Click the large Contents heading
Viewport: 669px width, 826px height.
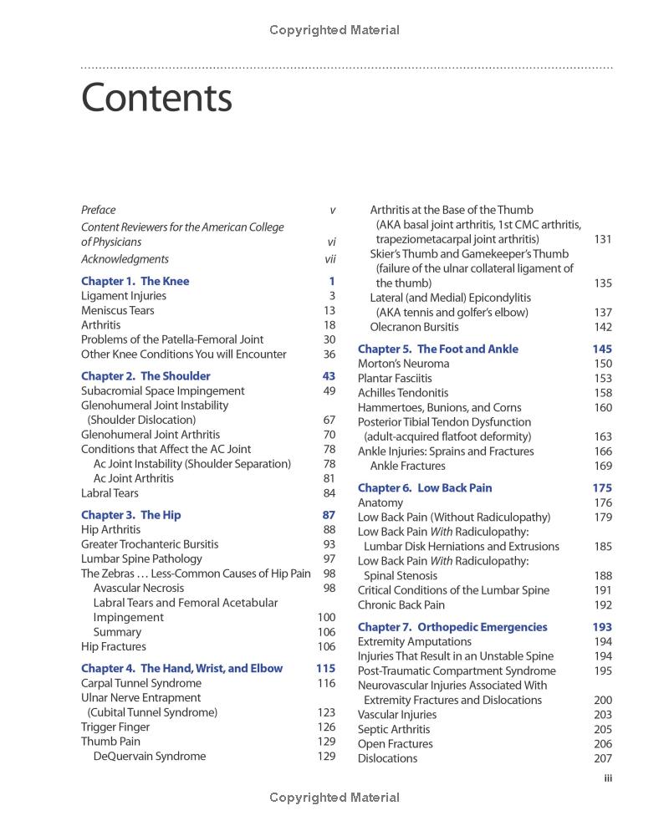point(156,99)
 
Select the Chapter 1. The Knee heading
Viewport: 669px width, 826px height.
point(135,281)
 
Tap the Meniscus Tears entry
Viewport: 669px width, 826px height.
point(118,310)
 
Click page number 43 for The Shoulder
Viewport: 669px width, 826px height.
point(329,376)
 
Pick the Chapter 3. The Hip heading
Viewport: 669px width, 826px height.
point(130,515)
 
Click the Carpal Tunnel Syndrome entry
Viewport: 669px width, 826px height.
point(141,683)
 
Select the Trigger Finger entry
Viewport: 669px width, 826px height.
point(115,727)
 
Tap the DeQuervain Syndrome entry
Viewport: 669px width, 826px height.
point(149,756)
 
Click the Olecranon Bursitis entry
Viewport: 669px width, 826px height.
point(414,327)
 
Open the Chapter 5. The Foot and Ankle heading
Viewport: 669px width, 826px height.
point(438,349)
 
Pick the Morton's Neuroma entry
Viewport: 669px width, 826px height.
point(403,364)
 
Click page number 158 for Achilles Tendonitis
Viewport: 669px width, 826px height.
point(602,393)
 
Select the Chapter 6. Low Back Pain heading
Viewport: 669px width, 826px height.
point(425,487)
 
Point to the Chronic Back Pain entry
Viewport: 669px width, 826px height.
point(401,604)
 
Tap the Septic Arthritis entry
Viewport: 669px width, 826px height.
point(394,729)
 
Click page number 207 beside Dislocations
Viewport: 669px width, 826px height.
point(602,758)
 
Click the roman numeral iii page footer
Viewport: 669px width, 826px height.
point(608,778)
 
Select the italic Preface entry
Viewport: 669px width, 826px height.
point(99,210)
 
